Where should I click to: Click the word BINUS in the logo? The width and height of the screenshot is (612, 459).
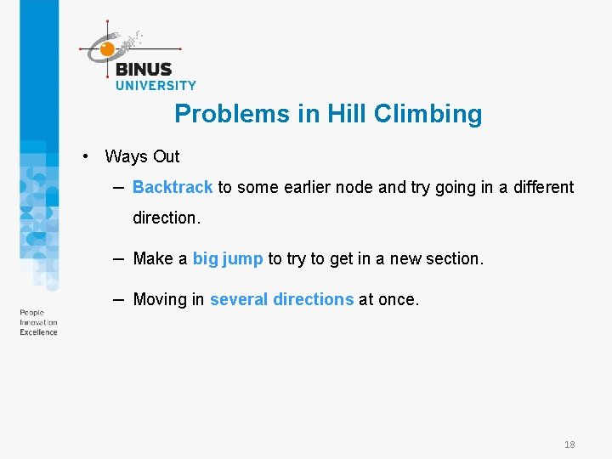tap(143, 70)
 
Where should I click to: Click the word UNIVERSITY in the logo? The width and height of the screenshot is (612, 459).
tap(156, 85)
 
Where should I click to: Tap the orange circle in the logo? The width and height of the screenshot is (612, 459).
tap(107, 49)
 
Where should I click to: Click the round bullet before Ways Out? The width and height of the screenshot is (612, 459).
tap(86, 156)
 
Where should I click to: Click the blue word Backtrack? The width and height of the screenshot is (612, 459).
tap(173, 187)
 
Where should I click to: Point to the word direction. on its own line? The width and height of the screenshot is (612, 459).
tap(167, 218)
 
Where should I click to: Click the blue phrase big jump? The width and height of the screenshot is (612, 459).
tap(228, 258)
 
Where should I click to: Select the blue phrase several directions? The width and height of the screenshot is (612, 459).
tap(281, 299)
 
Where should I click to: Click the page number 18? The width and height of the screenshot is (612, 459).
tap(569, 445)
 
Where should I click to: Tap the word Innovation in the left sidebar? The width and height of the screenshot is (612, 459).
tap(38, 323)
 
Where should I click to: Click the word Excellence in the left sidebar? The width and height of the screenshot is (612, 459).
tap(38, 332)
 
